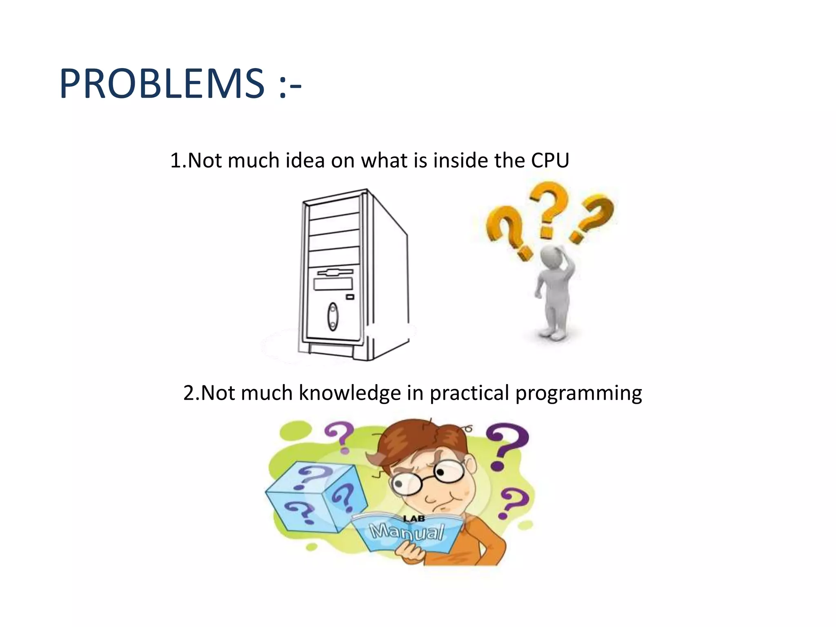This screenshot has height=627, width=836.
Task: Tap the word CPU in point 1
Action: (550, 160)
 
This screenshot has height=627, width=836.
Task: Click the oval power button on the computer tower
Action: (333, 317)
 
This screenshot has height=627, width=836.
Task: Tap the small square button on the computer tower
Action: (350, 297)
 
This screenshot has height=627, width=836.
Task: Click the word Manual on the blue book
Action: (407, 532)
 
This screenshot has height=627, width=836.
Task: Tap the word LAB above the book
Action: (414, 519)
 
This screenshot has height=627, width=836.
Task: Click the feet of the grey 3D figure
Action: (553, 335)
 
